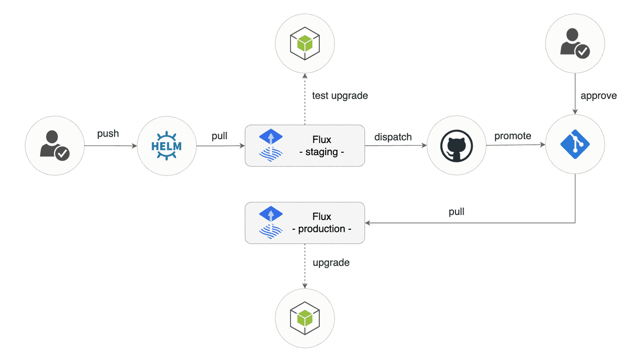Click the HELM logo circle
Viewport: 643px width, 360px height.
coord(166,145)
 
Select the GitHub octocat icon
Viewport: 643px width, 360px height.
coord(457,145)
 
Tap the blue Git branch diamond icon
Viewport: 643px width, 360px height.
coord(575,145)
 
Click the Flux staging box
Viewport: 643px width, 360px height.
coord(304,145)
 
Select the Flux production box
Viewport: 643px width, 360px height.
coord(304,223)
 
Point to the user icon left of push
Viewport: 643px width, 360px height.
coord(55,145)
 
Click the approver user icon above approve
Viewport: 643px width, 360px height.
coord(575,43)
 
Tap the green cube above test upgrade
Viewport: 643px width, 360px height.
coord(304,43)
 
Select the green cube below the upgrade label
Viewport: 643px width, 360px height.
coord(304,318)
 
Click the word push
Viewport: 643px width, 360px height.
coord(108,133)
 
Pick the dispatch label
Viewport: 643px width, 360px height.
coord(393,137)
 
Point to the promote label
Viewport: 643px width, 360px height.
coord(513,136)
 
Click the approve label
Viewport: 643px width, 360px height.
coord(599,96)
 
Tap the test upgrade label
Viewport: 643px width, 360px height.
coord(340,96)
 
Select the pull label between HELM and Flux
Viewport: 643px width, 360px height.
coord(219,136)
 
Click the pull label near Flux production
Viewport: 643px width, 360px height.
coord(456,212)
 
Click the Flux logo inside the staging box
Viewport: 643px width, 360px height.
coord(271,145)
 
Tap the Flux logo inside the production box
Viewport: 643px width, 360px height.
coord(271,223)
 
